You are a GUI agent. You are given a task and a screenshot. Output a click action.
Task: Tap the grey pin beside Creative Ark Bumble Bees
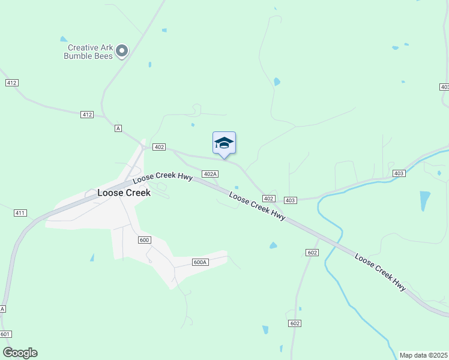[x=122, y=51]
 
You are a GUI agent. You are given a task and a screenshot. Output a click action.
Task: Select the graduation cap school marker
[x=224, y=143]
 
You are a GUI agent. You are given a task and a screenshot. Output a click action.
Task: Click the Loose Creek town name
[x=124, y=193]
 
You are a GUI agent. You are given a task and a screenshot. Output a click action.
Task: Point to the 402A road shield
[x=209, y=174]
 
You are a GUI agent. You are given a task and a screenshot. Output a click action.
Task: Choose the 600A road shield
[x=200, y=262]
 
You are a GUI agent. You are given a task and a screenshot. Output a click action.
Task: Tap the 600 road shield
[x=143, y=240]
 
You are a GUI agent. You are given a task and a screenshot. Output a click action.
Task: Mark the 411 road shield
[x=20, y=213]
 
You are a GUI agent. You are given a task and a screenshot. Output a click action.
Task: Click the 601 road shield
[x=5, y=334]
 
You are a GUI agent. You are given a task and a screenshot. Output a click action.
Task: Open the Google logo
[x=20, y=353]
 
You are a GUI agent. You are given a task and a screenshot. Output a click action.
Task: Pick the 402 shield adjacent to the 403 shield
[x=268, y=199]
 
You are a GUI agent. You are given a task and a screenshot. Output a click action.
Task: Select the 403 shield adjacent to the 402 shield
[x=290, y=200]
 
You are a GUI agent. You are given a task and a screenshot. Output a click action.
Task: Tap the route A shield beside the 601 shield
[x=2, y=309]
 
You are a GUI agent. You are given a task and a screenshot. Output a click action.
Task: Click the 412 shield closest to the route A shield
[x=87, y=114]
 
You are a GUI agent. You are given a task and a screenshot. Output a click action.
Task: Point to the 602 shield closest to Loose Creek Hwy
[x=312, y=253]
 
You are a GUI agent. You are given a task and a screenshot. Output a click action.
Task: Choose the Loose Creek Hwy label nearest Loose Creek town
[x=161, y=177]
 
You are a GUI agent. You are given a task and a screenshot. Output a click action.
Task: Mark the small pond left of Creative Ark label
[x=64, y=39]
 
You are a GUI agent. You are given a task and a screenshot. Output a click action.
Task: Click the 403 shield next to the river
[x=399, y=173]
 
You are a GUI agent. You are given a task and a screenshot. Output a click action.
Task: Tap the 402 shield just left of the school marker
[x=159, y=147]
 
